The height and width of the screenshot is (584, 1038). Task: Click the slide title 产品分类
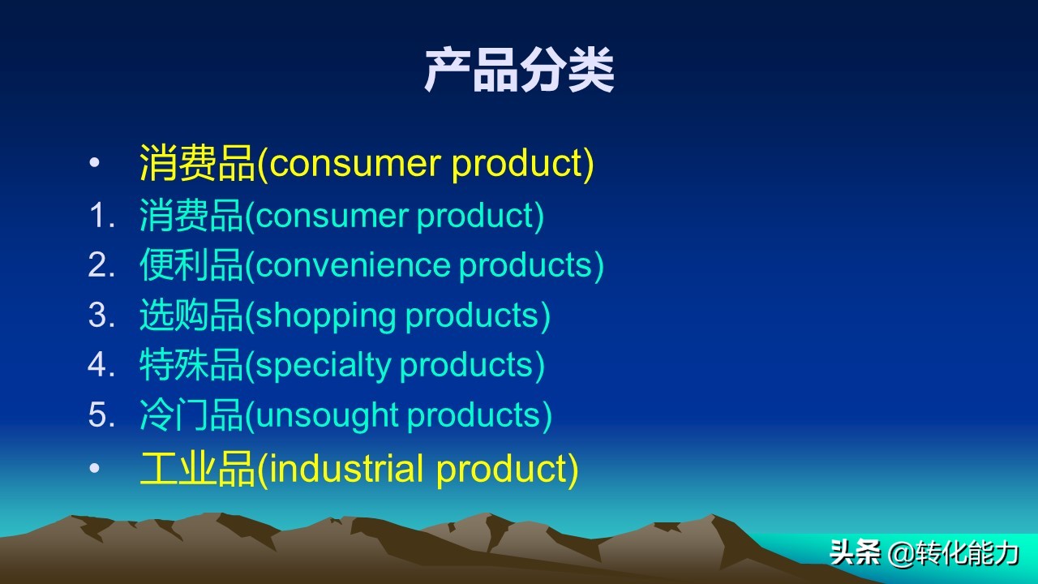(519, 71)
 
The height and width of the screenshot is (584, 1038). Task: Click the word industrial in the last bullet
(346, 470)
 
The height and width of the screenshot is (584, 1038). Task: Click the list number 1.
(101, 216)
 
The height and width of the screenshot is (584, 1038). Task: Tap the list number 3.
(101, 316)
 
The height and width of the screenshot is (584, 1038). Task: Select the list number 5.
(101, 415)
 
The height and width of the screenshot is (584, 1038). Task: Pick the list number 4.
(101, 366)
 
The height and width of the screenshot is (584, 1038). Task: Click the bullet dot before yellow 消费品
(94, 164)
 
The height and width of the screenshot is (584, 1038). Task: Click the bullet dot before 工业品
(94, 470)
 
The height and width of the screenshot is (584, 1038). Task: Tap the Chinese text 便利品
(191, 266)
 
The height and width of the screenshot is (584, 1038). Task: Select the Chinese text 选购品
(191, 316)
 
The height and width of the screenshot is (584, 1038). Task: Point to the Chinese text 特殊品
(191, 366)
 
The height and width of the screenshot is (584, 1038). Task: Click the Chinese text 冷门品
(191, 415)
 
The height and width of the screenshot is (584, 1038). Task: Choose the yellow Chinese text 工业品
(198, 470)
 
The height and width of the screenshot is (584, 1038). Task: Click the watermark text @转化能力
(954, 554)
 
